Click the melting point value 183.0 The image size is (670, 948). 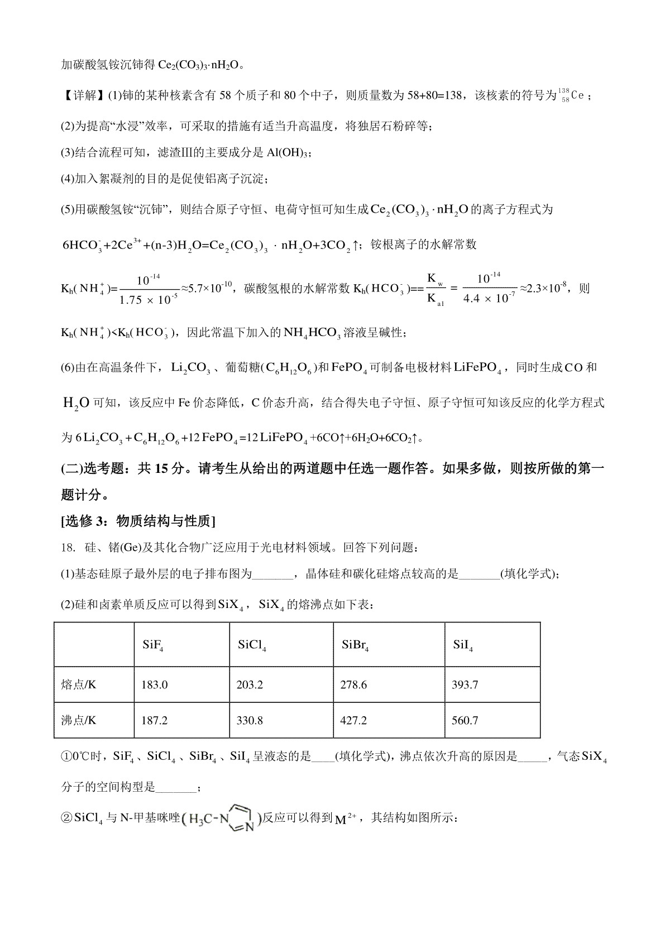(x=154, y=684)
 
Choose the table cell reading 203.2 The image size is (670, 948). (x=250, y=684)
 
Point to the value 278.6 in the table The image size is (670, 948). (x=353, y=684)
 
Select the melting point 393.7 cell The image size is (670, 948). (x=465, y=684)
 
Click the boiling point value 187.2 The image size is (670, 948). (x=154, y=720)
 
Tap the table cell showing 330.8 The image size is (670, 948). (x=250, y=720)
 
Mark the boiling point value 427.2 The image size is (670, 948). (x=353, y=720)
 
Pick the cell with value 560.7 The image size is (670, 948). (x=465, y=720)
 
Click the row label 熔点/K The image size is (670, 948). (x=79, y=684)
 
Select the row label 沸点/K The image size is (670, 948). (x=79, y=720)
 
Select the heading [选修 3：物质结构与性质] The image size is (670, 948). (x=138, y=521)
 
